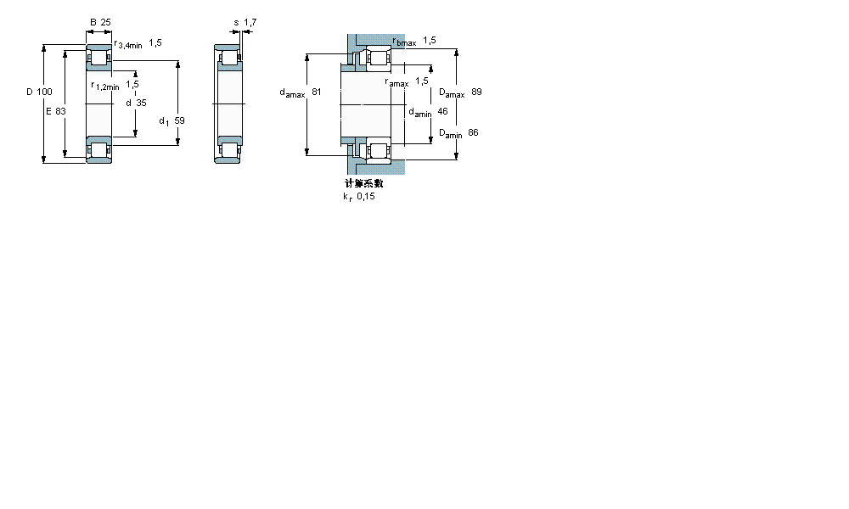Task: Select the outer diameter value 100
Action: tap(45, 92)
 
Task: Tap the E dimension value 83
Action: tap(60, 111)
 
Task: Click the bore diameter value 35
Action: tap(141, 103)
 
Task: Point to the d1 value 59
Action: tap(179, 120)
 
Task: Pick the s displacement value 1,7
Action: tap(250, 22)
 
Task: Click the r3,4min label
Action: tap(128, 43)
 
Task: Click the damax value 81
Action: tap(317, 92)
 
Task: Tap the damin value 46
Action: tap(442, 111)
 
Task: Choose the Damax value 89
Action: tap(476, 92)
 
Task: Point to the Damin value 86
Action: tap(473, 132)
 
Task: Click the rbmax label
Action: tap(403, 42)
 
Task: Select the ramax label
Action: tap(396, 82)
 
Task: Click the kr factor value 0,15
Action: tap(365, 196)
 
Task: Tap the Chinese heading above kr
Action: tap(363, 183)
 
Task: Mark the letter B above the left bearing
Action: tap(92, 22)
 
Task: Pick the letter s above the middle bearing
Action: tap(236, 22)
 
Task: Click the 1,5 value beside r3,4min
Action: tap(155, 42)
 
